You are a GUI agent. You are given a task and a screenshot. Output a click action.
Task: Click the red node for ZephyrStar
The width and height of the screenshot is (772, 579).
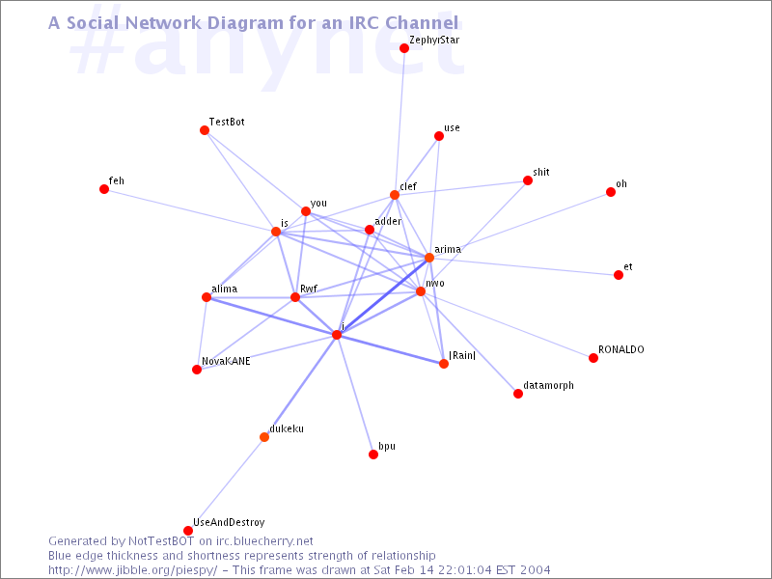404,47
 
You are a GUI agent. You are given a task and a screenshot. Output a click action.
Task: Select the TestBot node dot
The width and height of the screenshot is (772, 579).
205,130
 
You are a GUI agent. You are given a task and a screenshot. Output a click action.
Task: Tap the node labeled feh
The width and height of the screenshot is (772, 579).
104,189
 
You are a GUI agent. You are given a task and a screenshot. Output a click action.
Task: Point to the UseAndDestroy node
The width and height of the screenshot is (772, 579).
187,530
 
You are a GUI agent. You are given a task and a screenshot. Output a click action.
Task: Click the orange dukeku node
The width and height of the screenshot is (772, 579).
264,437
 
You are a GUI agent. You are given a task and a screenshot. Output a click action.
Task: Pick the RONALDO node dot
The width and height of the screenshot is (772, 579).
593,358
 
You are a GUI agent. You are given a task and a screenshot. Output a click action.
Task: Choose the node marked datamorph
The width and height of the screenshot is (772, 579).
518,394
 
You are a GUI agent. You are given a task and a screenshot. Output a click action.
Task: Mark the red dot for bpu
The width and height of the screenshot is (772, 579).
373,454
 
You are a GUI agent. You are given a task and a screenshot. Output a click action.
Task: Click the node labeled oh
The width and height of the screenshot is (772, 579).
611,192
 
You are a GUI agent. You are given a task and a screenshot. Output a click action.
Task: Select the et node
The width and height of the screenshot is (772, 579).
619,275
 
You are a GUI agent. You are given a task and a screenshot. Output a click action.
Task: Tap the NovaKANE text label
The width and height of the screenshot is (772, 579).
226,361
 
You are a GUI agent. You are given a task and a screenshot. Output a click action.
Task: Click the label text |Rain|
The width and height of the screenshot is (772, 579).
462,355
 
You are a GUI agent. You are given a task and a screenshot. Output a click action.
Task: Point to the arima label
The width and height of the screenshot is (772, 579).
448,249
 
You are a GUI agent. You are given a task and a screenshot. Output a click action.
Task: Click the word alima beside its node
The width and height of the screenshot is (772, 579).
225,289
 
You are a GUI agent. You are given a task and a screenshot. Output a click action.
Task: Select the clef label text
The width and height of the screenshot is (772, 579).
408,186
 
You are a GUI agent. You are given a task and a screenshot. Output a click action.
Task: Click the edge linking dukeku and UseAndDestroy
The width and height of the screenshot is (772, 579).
226,483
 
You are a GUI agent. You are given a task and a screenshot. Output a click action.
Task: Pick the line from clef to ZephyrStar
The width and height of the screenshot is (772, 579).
400,122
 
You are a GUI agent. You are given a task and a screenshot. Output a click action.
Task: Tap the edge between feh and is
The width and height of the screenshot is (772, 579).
190,210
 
